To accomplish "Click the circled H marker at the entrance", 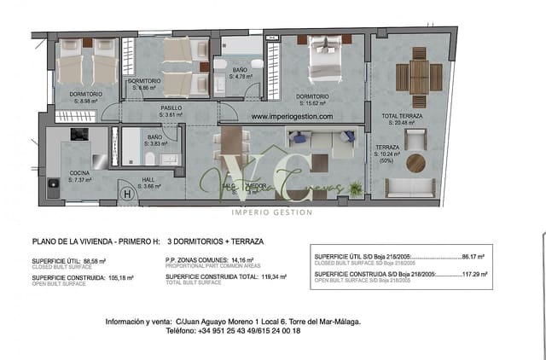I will [127, 194].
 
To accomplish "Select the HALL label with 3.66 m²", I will [149, 182].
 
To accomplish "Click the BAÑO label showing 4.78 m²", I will [240, 73].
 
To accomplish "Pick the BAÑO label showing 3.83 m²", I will [154, 140].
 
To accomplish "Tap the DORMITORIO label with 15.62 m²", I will [312, 100].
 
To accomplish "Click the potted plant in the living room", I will [356, 188].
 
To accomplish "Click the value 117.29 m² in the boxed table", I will [473, 273].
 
